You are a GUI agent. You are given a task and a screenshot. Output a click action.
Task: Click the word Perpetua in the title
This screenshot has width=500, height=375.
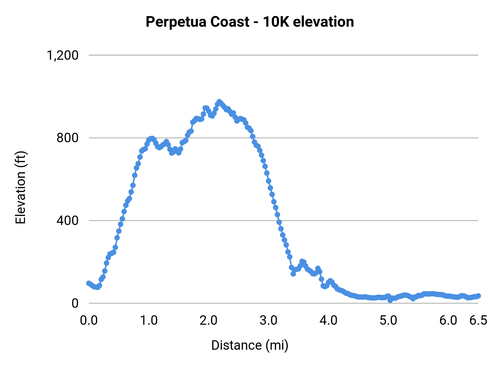coord(176,22)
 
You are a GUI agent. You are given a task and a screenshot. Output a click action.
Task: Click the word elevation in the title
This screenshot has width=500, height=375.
coord(323,22)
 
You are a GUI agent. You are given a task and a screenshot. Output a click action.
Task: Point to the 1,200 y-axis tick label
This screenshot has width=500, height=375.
coord(62,56)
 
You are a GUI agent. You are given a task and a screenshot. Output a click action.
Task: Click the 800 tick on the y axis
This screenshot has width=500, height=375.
coord(67,138)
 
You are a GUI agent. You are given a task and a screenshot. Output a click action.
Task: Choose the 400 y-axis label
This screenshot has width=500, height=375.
coord(67,221)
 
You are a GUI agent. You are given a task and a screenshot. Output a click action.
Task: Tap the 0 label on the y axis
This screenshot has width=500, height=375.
coord(75,303)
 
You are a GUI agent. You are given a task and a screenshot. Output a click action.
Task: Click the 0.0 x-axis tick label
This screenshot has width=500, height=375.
coord(89,321)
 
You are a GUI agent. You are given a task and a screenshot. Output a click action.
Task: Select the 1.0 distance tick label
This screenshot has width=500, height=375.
coord(149,321)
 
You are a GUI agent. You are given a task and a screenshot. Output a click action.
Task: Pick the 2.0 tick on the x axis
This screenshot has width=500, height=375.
coord(209,321)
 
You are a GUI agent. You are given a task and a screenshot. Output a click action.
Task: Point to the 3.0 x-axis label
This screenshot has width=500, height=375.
coord(268,321)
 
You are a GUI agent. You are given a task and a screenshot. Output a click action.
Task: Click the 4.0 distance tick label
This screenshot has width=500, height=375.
coord(328,321)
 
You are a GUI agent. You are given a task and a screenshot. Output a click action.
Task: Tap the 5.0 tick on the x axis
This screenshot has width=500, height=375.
coord(388,321)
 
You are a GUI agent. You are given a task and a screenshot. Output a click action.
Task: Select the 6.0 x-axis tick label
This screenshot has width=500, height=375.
coord(448,321)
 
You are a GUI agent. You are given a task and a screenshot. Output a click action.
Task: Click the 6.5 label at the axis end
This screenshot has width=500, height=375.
coord(478,321)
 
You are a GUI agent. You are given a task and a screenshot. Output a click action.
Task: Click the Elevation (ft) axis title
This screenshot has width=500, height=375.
coord(21,187)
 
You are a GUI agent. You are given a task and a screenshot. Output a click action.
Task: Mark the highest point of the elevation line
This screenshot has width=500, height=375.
coord(219,102)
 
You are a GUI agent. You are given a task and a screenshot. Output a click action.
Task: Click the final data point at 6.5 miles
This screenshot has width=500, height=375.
coord(478,296)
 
